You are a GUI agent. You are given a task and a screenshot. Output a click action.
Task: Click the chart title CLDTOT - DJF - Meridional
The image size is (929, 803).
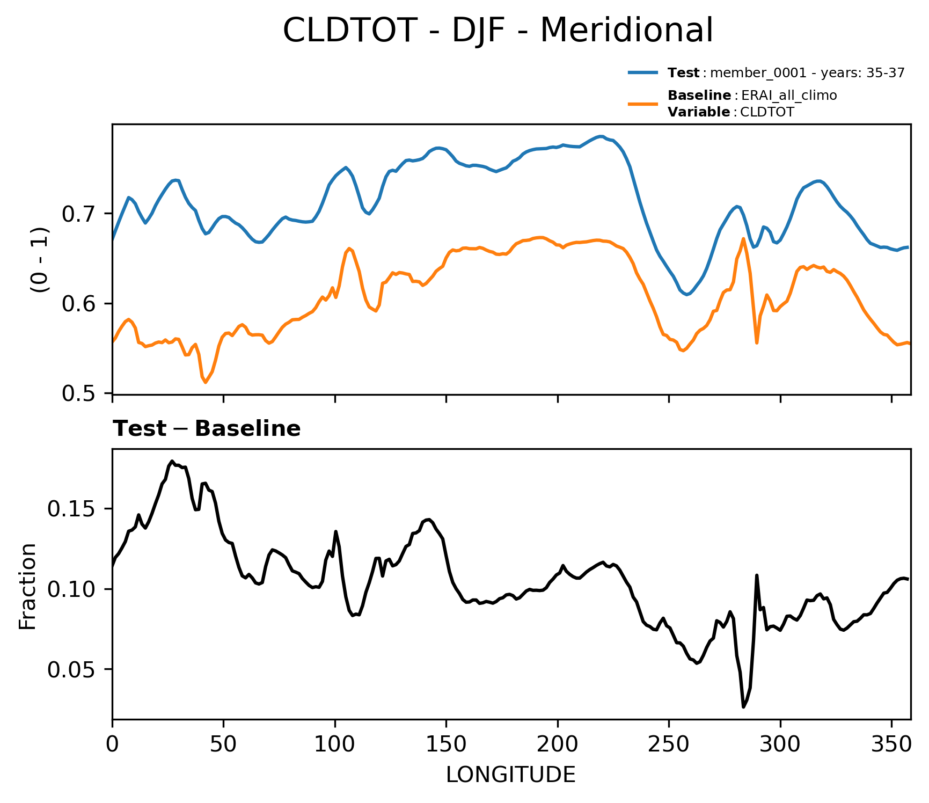(498, 30)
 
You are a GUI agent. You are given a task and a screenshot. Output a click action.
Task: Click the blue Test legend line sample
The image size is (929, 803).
(643, 72)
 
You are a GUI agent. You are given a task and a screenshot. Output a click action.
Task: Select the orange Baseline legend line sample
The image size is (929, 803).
(643, 104)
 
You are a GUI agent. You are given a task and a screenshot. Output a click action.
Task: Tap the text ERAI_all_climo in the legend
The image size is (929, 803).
(789, 96)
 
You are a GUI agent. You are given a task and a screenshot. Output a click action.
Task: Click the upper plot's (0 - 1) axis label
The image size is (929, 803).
(40, 259)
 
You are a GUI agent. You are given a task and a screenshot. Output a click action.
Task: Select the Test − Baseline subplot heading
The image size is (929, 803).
(207, 429)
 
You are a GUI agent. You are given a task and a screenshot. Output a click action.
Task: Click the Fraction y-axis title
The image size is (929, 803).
(28, 586)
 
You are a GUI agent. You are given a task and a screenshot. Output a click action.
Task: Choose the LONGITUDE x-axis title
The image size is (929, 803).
(511, 775)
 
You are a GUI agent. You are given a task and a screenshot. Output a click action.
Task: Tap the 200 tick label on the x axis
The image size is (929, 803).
(558, 744)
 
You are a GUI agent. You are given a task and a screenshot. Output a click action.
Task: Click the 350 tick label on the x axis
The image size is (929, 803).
(891, 744)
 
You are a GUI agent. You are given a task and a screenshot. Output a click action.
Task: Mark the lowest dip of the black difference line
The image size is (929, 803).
(743, 707)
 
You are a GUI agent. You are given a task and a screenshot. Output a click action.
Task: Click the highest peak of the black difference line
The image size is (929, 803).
(172, 461)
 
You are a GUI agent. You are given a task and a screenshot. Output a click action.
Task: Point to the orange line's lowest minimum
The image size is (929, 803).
(206, 382)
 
